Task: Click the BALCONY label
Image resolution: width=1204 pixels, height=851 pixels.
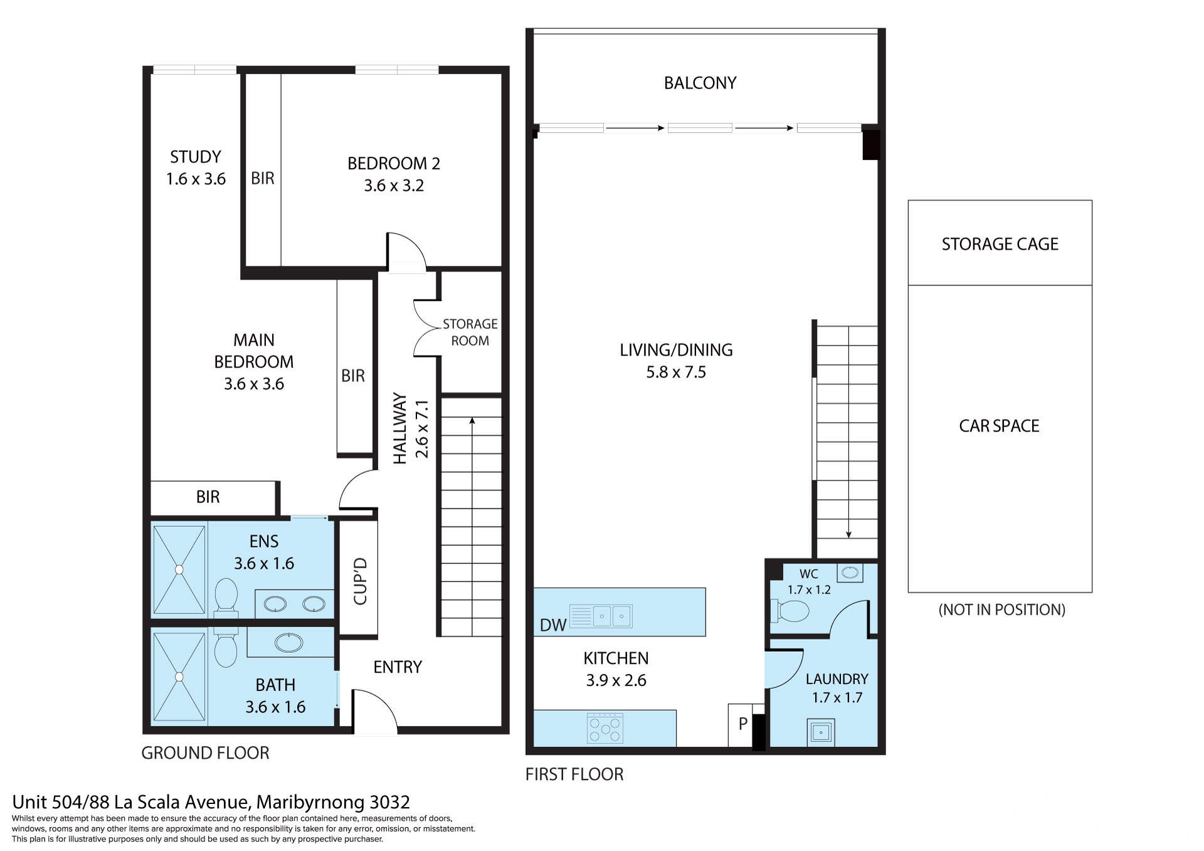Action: click(x=700, y=83)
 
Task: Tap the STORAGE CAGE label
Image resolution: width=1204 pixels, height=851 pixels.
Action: click(x=1000, y=244)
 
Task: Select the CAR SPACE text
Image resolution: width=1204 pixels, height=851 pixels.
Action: click(x=999, y=426)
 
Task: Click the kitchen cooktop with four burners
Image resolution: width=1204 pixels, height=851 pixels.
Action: click(x=605, y=728)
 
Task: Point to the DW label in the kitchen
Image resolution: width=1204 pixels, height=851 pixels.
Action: click(x=552, y=625)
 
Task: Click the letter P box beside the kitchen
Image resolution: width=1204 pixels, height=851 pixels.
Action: click(x=742, y=724)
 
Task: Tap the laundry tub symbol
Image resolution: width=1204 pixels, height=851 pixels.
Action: click(x=820, y=732)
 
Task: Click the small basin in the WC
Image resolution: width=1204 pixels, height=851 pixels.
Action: click(x=850, y=572)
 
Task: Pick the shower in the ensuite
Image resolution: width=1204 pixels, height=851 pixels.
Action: click(x=179, y=569)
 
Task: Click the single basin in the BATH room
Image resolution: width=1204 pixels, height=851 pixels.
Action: click(x=288, y=642)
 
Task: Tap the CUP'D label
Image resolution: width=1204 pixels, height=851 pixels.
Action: click(x=360, y=581)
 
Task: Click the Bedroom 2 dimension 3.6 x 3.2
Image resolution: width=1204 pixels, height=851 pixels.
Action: click(x=394, y=186)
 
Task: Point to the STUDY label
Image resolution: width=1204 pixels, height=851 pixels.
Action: click(x=196, y=157)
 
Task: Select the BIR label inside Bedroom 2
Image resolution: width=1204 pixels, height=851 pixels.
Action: click(x=263, y=178)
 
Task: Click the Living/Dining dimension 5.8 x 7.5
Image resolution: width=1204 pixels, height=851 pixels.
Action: click(x=676, y=372)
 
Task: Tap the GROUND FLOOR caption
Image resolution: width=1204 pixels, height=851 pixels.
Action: click(x=205, y=753)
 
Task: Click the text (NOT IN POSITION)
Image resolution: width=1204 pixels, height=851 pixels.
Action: click(x=1001, y=610)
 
